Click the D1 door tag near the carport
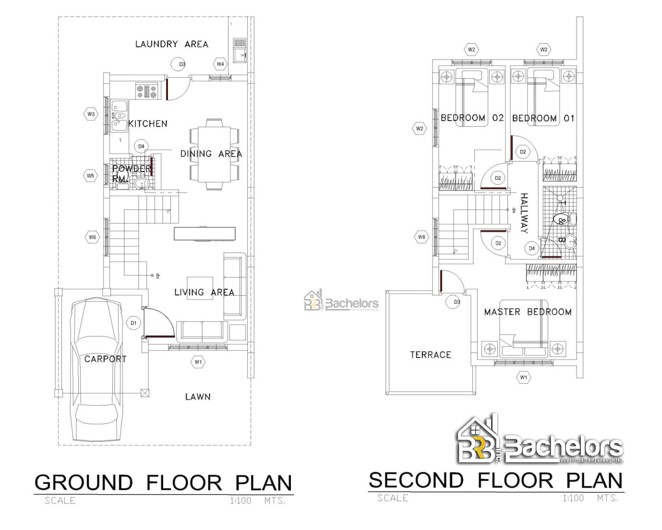pos(133,323)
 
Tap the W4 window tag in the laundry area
pos(220,64)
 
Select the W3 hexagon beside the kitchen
pos(91,114)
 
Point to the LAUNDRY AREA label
pos(171,44)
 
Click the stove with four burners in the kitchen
pos(146,91)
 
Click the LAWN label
pos(198,397)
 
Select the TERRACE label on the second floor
pos(430,355)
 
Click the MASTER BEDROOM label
pos(527,312)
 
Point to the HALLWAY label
pos(524,213)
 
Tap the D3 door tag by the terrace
pos(457,302)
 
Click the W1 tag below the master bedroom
pos(523,377)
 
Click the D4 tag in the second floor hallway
pos(531,248)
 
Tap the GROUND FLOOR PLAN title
pos(163,482)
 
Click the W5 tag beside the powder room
pos(90,176)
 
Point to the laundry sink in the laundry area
pos(240,50)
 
